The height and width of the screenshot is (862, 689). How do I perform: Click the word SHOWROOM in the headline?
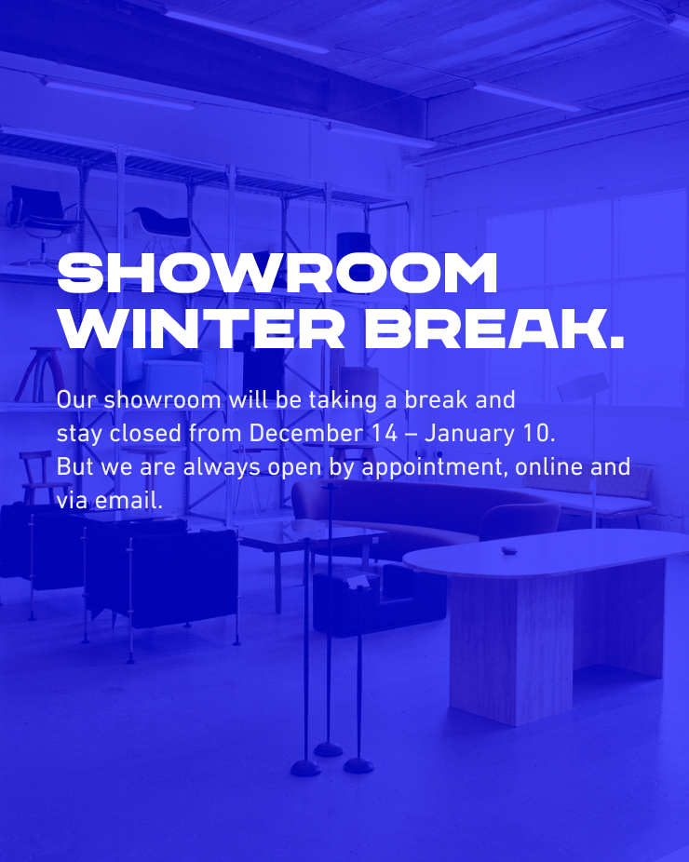point(277,274)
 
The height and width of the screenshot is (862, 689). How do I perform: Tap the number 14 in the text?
point(385,433)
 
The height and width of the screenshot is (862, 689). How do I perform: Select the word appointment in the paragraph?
point(431,468)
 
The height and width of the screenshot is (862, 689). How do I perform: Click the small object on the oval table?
point(508,550)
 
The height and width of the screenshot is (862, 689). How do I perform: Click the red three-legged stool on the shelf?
point(41,374)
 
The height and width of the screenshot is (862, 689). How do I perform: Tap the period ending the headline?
point(617,343)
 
